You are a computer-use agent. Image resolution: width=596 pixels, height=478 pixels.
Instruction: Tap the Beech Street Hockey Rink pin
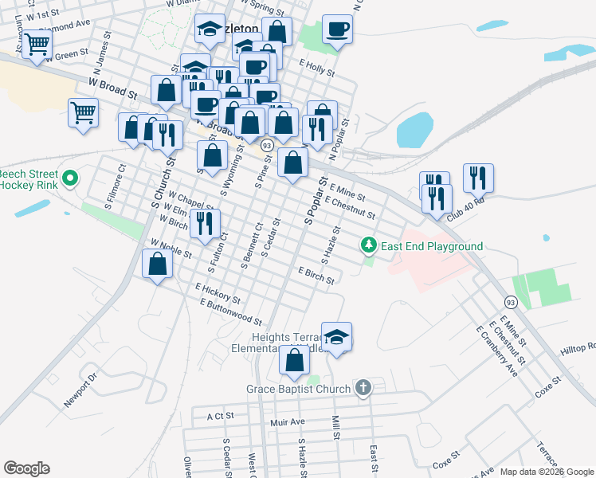click(70, 178)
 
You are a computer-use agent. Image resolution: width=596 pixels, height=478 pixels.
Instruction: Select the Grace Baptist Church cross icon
click(363, 389)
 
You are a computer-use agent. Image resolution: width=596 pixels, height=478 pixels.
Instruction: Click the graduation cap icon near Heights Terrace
click(337, 336)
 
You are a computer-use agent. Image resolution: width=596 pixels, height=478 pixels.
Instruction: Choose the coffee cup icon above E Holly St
click(337, 29)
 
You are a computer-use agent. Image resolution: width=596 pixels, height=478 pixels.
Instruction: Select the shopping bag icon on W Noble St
click(157, 264)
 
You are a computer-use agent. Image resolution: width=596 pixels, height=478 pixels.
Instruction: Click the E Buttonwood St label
click(231, 312)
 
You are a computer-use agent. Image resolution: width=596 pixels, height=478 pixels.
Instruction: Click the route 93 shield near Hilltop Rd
click(510, 302)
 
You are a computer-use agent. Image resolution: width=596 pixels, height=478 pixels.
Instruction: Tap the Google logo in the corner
click(26, 468)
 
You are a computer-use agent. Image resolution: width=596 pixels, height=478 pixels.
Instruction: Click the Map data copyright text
click(547, 472)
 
